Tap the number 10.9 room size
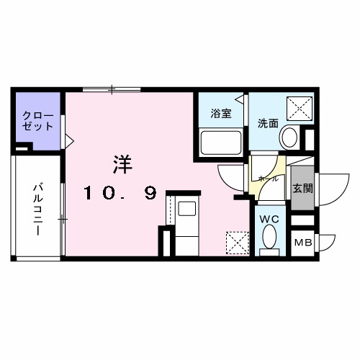pyautogui.click(x=120, y=193)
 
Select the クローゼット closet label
pyautogui.click(x=38, y=120)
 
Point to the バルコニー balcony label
pyautogui.click(x=36, y=210)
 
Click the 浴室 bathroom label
pyautogui.click(x=220, y=113)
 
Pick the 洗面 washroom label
pyautogui.click(x=267, y=122)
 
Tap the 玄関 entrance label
pyautogui.click(x=302, y=188)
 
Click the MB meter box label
pyautogui.click(x=302, y=243)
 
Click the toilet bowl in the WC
pyautogui.click(x=270, y=238)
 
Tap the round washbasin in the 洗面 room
pyautogui.click(x=290, y=137)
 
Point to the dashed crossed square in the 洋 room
pyautogui.click(x=235, y=241)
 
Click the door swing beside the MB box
pyautogui.click(x=325, y=243)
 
